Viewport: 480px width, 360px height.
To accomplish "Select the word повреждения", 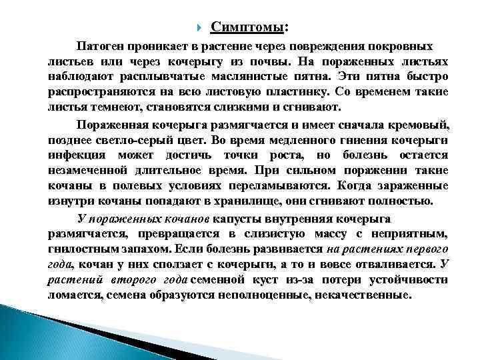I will (339, 47).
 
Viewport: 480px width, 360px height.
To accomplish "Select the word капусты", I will (246, 219).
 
